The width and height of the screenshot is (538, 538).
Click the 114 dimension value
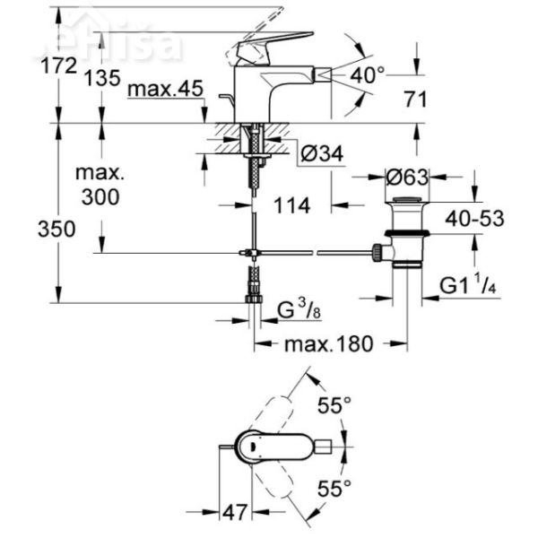pos(291,206)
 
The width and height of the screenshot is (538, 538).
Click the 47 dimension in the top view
pos(236,513)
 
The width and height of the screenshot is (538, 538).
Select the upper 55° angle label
pos(335,406)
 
